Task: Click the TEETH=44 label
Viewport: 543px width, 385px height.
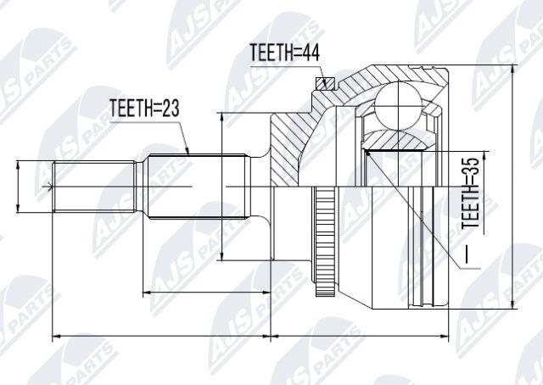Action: coord(285,53)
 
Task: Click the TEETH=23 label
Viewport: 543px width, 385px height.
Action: coord(144,108)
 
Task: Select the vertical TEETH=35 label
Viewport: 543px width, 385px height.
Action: coord(471,192)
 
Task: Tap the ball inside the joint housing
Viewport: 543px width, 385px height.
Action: coord(399,105)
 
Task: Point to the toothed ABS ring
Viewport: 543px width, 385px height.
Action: coord(325,241)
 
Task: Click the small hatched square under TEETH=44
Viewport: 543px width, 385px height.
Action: coord(325,83)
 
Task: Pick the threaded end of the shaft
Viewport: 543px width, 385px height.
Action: coord(94,187)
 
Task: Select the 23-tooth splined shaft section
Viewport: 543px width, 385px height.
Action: coord(197,187)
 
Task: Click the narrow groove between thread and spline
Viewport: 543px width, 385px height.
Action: coord(140,187)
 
